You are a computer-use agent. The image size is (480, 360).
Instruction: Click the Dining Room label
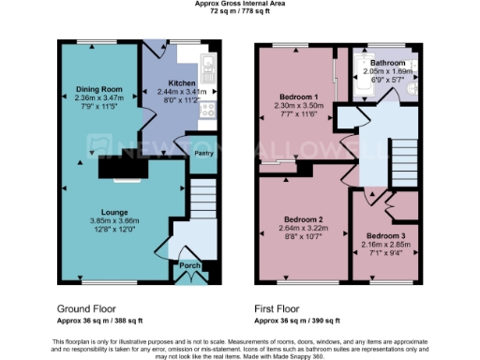pos(100,89)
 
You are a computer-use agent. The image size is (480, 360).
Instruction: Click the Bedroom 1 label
pos(299,97)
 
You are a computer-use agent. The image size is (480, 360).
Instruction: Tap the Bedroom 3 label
pos(385,235)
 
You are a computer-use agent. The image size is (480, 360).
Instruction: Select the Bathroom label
pos(387,62)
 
